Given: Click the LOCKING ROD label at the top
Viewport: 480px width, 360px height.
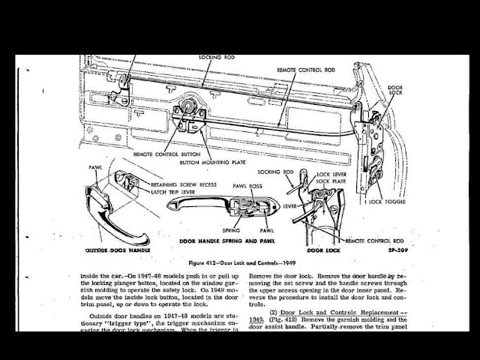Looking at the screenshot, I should (x=217, y=58).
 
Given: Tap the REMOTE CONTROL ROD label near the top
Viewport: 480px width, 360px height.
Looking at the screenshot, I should (x=306, y=69).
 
